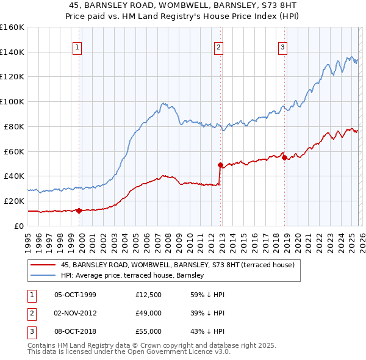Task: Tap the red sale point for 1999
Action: (x=79, y=211)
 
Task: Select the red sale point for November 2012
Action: (x=220, y=165)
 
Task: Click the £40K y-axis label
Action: (x=14, y=176)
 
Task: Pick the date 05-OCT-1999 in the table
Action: (x=75, y=295)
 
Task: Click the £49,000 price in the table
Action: (x=148, y=313)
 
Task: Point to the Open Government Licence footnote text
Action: (x=129, y=352)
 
